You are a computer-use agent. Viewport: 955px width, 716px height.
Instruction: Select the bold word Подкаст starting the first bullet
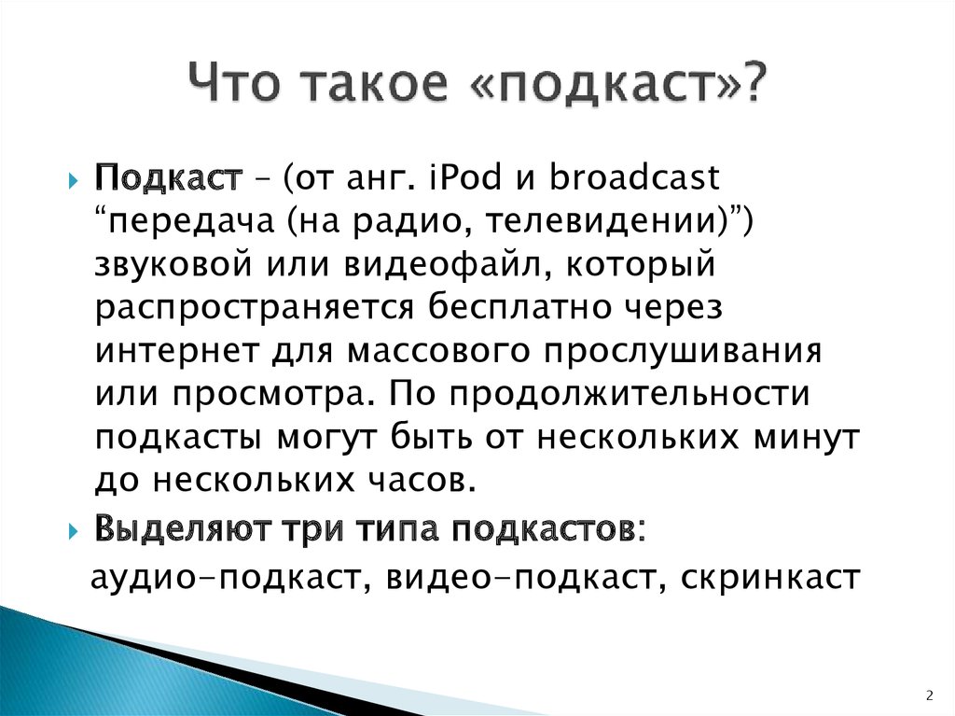click(169, 178)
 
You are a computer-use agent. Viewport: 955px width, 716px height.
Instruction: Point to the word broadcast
click(634, 177)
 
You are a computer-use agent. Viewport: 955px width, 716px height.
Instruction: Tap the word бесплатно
click(519, 307)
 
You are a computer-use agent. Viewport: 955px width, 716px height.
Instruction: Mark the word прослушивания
click(683, 352)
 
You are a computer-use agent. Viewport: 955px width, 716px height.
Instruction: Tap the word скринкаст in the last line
click(770, 577)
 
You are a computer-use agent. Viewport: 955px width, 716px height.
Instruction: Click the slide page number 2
click(930, 695)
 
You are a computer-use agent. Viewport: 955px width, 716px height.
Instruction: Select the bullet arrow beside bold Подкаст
click(74, 180)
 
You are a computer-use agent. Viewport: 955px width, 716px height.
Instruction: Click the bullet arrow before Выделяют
click(74, 531)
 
